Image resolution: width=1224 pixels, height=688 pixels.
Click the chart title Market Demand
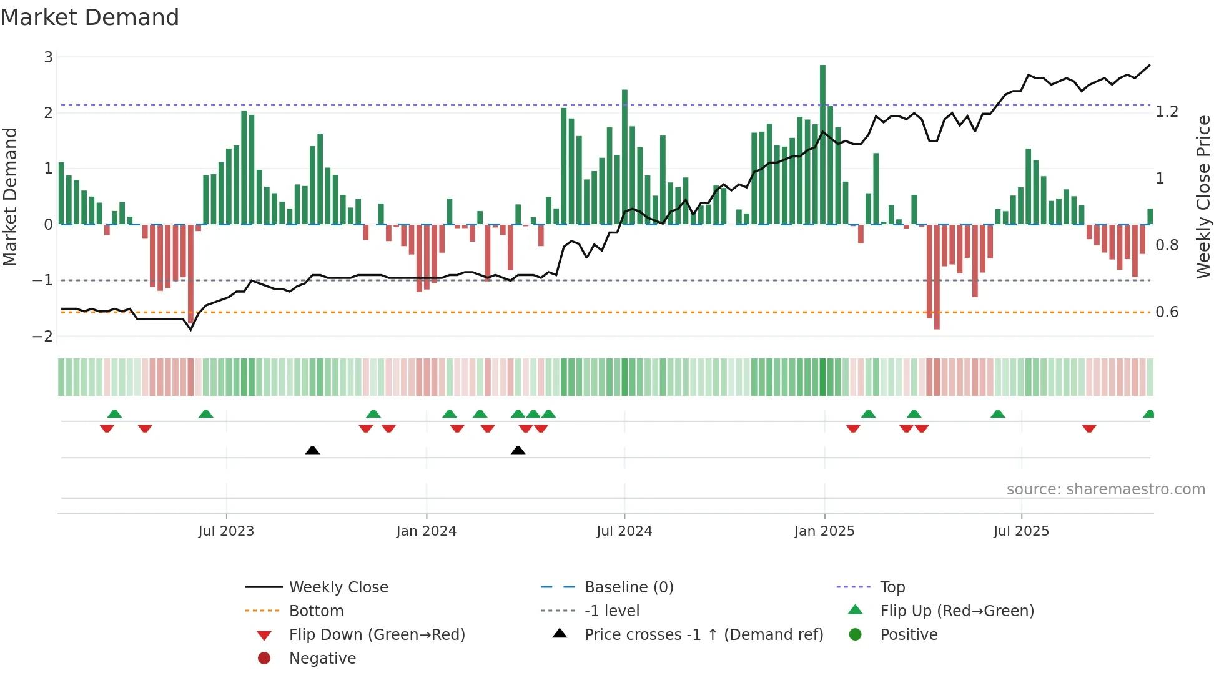coord(90,17)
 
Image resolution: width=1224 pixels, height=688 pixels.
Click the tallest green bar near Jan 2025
coord(822,144)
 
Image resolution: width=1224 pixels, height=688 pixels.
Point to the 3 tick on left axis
coord(48,57)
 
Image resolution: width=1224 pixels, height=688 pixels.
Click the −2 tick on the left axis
coord(43,337)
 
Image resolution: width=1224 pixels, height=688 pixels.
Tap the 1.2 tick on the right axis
coord(1167,112)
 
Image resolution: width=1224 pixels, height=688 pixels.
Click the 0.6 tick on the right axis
coord(1167,312)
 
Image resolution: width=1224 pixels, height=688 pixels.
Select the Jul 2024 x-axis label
coord(624,531)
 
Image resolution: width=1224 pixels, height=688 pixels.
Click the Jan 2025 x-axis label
coord(824,531)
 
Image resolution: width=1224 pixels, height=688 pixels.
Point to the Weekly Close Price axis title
coord(1203,197)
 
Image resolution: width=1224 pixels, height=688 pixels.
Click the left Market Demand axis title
coord(10,197)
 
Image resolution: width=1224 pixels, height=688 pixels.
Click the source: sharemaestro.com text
coord(1105,489)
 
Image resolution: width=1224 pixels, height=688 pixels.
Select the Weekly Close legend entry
coord(338,587)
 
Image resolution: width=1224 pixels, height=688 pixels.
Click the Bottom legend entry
coord(316,611)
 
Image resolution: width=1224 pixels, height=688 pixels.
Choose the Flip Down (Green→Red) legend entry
coord(377,635)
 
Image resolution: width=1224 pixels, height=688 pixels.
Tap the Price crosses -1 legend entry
coord(703,635)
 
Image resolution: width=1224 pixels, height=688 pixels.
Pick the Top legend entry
coord(892,587)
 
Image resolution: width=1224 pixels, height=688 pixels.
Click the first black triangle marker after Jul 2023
coord(312,451)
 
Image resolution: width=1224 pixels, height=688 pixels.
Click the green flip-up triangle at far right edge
coord(1148,415)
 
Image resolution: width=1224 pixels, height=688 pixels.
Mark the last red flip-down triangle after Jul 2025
coord(1089,428)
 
